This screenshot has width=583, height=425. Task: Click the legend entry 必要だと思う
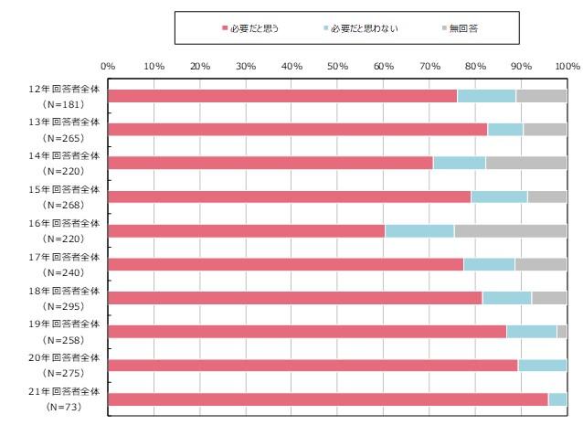[250, 29]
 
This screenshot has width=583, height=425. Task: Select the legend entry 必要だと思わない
[355, 29]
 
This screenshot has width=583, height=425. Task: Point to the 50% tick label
[337, 66]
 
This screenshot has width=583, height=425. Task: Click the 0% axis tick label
[108, 66]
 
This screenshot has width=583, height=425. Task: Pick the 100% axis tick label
[567, 66]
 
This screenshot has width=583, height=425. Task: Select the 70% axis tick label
[429, 66]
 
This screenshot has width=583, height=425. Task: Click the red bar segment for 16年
[246, 230]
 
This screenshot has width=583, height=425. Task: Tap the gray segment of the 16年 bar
[510, 230]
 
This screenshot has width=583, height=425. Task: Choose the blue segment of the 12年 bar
[486, 96]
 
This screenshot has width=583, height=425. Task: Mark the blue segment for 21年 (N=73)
[557, 398]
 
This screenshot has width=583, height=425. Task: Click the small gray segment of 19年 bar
[562, 331]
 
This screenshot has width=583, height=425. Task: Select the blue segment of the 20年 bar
[542, 365]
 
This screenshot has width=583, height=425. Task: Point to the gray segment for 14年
[526, 163]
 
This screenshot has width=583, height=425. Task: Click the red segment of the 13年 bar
[297, 129]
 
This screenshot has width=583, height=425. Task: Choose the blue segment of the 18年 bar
[506, 297]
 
